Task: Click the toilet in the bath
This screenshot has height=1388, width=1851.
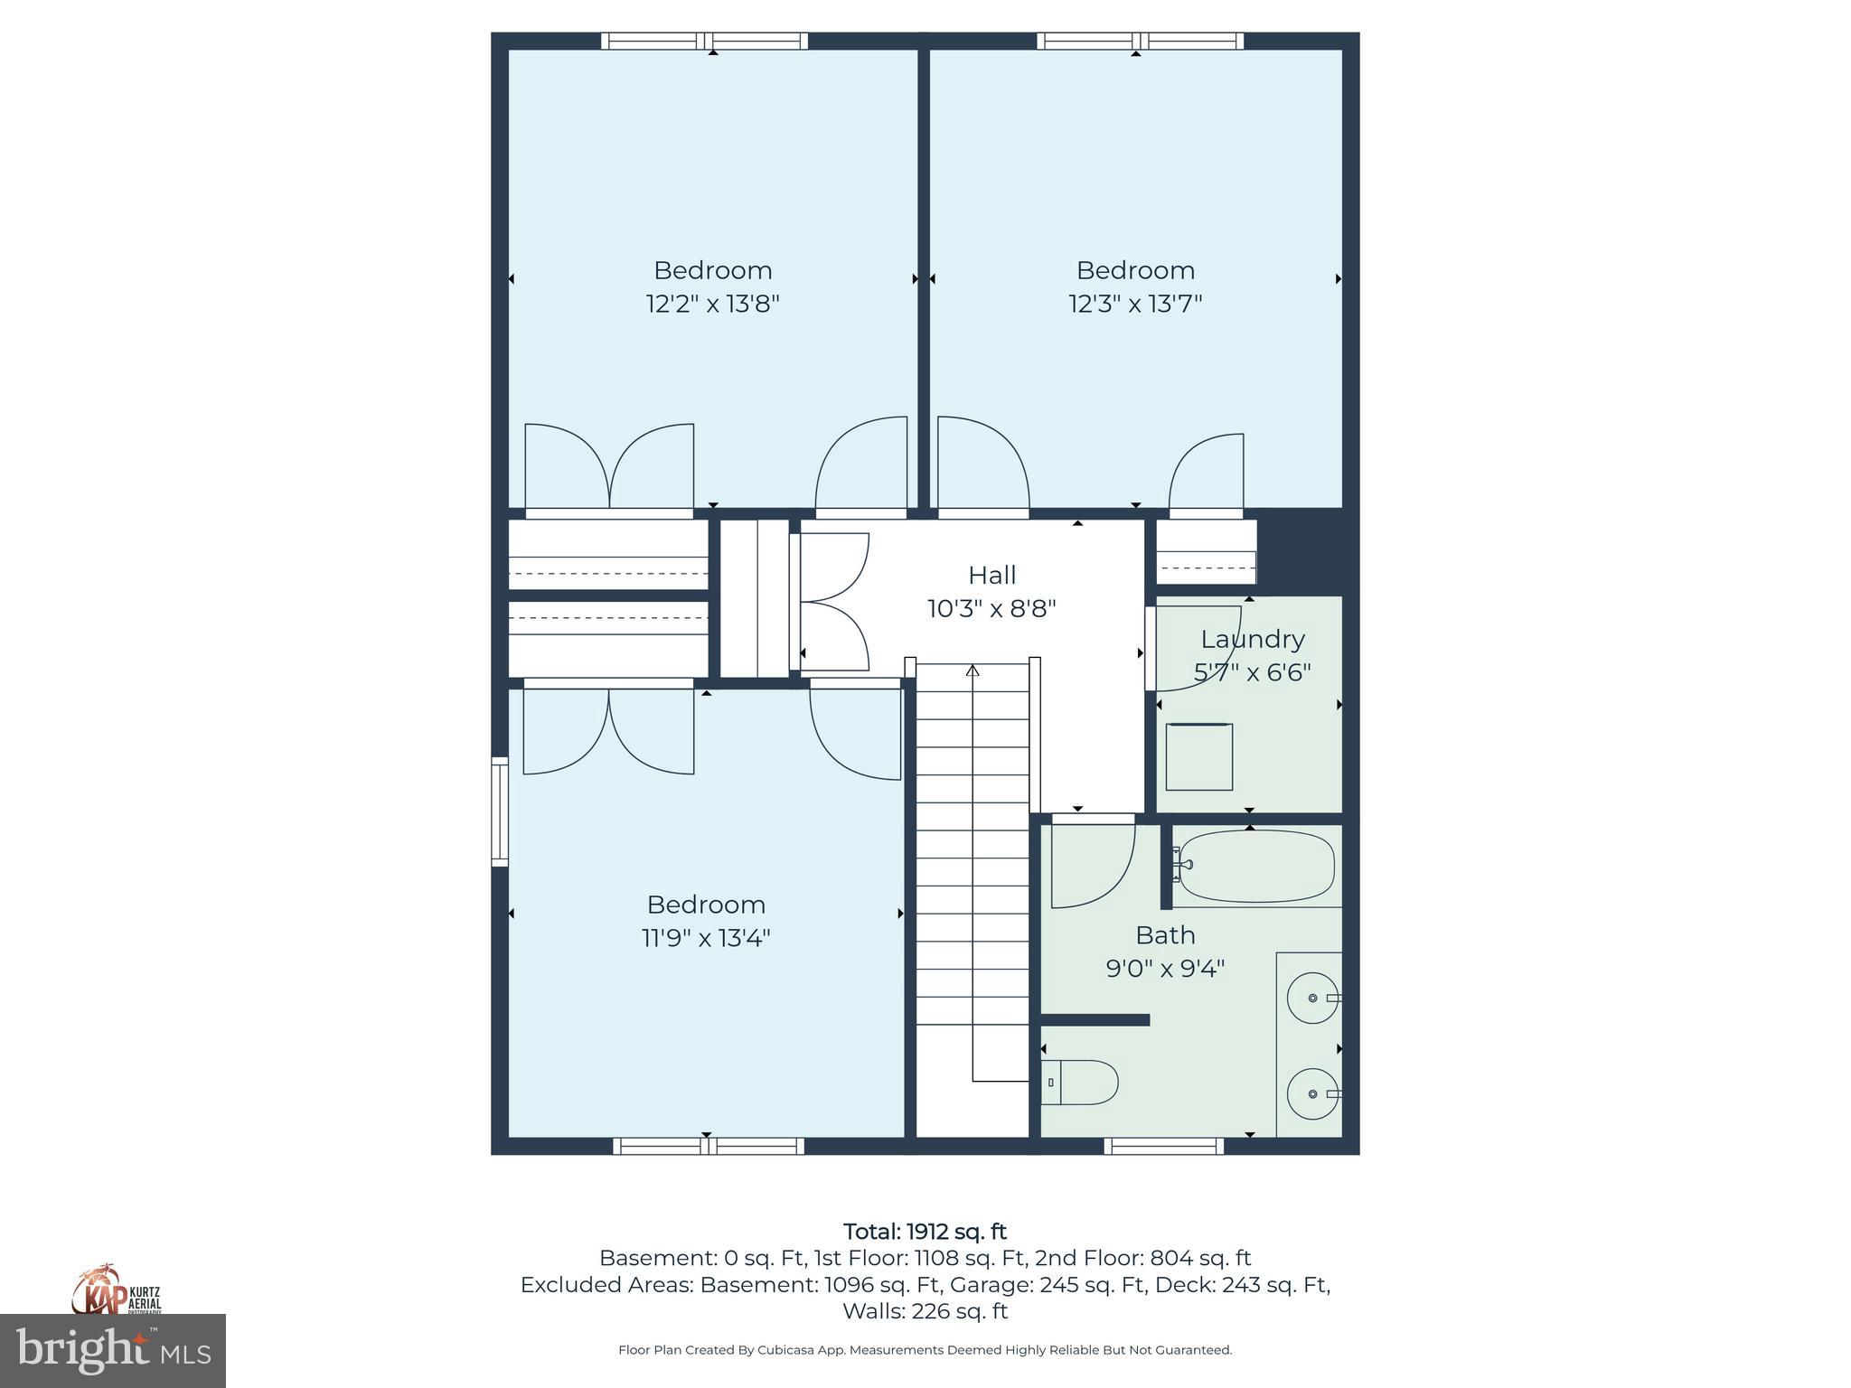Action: click(x=1082, y=1082)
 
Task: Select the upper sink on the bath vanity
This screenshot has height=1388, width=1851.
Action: click(x=1312, y=998)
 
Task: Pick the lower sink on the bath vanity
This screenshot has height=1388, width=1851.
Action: click(x=1312, y=1093)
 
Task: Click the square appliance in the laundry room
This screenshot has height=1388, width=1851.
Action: click(x=1198, y=757)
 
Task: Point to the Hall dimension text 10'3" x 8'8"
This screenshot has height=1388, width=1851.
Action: click(x=991, y=608)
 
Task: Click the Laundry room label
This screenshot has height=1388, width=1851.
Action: click(x=1252, y=639)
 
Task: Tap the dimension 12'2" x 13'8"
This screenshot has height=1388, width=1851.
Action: click(x=712, y=304)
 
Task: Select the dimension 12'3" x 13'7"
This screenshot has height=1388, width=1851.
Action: click(x=1135, y=304)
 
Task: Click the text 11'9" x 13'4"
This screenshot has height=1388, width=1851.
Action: click(x=706, y=938)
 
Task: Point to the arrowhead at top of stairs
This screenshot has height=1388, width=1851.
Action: click(x=972, y=671)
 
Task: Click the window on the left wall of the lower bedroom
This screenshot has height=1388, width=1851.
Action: click(x=500, y=811)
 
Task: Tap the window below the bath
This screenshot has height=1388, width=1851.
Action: click(x=1163, y=1146)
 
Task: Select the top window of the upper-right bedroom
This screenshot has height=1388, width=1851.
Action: click(x=1140, y=41)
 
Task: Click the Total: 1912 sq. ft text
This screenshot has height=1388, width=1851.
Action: click(x=925, y=1232)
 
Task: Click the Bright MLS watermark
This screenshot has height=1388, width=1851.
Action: click(x=113, y=1352)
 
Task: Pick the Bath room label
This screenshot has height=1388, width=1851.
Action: click(x=1165, y=934)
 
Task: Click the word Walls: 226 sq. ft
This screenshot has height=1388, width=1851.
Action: click(x=925, y=1311)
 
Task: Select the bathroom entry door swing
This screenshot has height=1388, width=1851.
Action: click(x=1092, y=863)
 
